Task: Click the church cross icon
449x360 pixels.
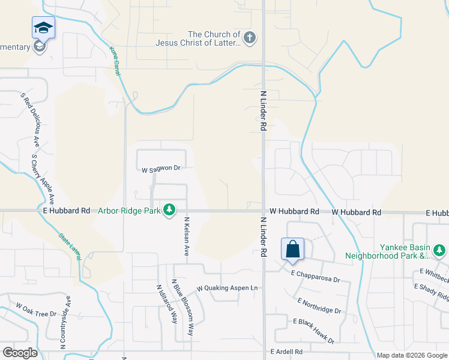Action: point(250,38)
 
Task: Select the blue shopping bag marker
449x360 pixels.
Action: point(292,249)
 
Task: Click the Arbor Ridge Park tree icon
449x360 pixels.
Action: point(170,209)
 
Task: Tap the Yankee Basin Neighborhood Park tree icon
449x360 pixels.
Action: point(439,250)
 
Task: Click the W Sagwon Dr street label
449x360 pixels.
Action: point(161,170)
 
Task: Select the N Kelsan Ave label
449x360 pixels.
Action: point(187,236)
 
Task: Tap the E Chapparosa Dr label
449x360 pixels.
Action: point(316,277)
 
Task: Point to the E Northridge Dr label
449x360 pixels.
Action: point(319,305)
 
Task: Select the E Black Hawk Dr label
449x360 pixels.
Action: point(313,331)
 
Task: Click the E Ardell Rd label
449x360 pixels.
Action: point(286,351)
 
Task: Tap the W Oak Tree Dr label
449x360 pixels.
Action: point(36,310)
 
